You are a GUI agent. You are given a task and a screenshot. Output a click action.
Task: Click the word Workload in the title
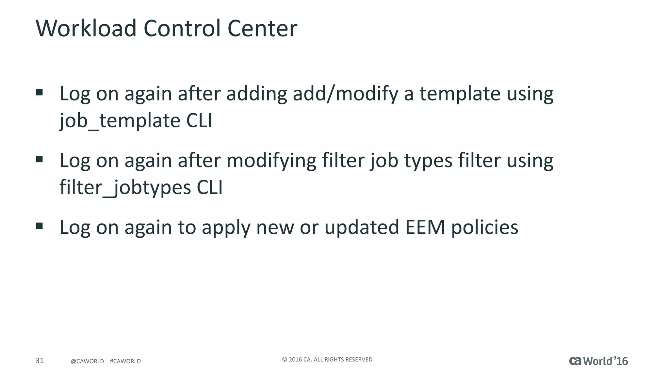[x=86, y=28]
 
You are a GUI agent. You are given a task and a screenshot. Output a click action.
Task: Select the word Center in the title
[x=262, y=28]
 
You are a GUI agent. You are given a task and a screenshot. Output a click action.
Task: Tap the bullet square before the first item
[x=40, y=92]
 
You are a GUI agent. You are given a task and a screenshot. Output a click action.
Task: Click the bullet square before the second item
[x=40, y=159]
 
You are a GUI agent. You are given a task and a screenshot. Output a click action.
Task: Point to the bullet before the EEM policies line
[x=40, y=226]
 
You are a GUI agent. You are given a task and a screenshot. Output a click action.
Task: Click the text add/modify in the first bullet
[x=345, y=94]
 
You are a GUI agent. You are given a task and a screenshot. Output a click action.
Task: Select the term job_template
[x=120, y=121]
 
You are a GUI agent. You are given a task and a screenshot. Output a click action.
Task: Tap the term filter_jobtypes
[x=125, y=188]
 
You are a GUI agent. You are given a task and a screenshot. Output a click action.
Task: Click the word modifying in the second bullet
[x=271, y=161]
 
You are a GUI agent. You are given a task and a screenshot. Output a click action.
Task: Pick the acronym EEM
[x=425, y=227]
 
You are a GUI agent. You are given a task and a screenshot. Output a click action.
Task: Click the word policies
[x=485, y=228]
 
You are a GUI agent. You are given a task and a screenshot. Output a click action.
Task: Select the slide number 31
[x=40, y=361]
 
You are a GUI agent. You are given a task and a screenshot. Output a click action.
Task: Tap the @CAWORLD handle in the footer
[x=87, y=361]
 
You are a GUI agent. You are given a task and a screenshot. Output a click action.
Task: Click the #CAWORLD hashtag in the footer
[x=125, y=361]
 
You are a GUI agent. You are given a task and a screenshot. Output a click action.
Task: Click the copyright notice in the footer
[x=328, y=360]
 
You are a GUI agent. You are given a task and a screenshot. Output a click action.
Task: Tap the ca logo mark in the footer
[x=575, y=361]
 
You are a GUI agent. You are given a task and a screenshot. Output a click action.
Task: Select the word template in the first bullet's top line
[x=460, y=94]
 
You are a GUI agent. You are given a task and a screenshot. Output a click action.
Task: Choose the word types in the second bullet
[x=428, y=161]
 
